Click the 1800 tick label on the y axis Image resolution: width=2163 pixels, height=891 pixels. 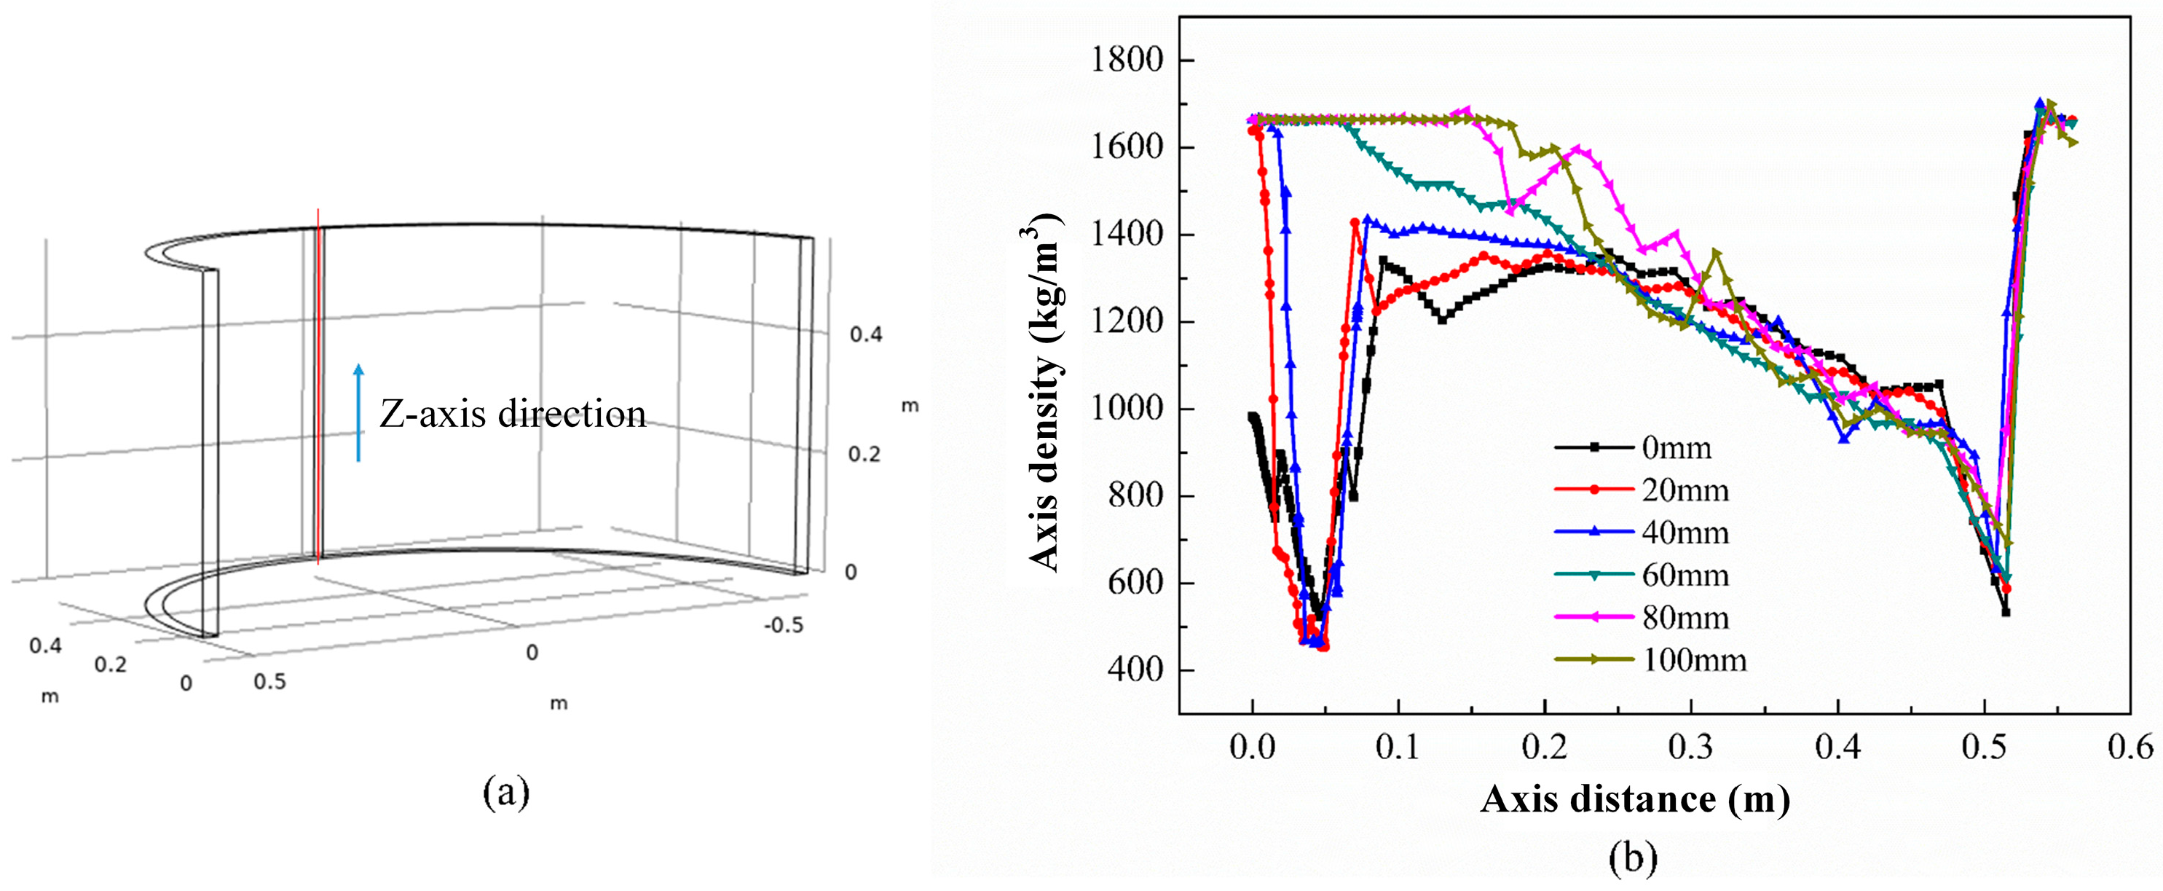[x=1126, y=60]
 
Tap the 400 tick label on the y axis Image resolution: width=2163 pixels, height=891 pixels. [x=1135, y=670]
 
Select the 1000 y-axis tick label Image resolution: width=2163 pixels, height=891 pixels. [x=1126, y=409]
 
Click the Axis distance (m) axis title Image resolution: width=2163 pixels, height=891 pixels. [x=1634, y=798]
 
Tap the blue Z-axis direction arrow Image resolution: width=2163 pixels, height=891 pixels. [x=358, y=412]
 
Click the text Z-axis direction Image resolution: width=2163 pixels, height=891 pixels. [x=512, y=415]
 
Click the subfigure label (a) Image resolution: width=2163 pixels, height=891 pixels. [x=506, y=792]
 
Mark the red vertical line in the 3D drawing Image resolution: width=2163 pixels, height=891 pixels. [x=318, y=386]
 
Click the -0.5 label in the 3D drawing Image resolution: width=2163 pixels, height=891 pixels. [x=783, y=626]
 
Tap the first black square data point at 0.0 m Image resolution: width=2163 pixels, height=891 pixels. [x=1252, y=417]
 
